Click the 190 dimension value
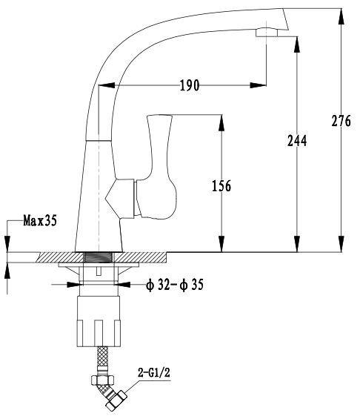pos(190,85)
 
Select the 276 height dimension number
pos(341,121)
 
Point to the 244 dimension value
pos(297,141)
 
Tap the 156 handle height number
pos(221,185)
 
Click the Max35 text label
pos(40,220)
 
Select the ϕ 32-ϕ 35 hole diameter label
pos(175,285)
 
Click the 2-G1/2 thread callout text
pos(154,373)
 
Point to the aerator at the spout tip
pos(267,33)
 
